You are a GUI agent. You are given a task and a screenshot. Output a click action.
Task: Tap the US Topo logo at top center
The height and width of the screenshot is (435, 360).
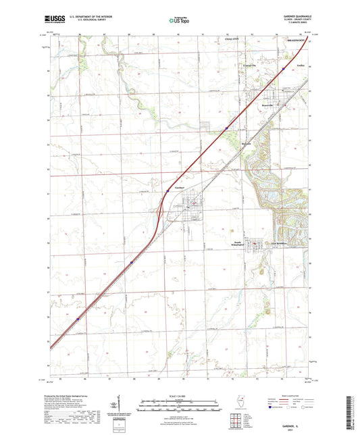pos(179,21)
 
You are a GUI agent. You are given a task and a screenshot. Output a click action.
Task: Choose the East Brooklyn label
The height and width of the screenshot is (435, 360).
pos(279,242)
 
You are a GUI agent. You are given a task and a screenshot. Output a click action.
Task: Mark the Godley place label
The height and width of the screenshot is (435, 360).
pos(301,66)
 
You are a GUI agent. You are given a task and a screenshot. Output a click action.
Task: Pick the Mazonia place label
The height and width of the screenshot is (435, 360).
pos(247,143)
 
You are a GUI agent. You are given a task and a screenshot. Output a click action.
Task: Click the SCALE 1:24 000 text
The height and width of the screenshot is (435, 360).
pos(180,395)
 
